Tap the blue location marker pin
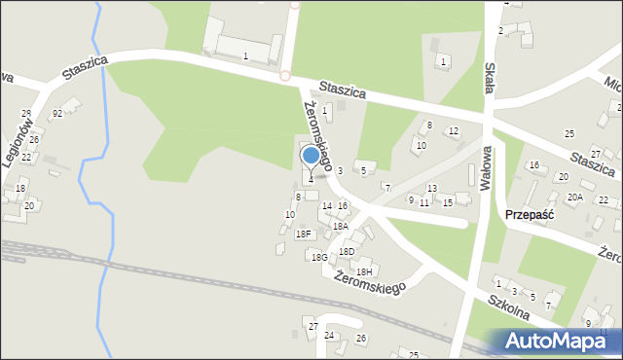tap(311, 157)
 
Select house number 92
tap(57, 114)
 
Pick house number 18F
tap(304, 234)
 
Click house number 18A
tap(340, 226)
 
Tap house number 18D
tap(347, 251)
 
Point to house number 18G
tap(318, 257)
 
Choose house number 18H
tap(364, 271)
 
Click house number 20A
tap(575, 197)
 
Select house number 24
tap(329, 335)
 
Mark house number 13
tap(431, 188)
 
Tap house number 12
tap(453, 130)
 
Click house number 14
tap(327, 206)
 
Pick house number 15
tap(448, 202)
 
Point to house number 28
tap(26, 114)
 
